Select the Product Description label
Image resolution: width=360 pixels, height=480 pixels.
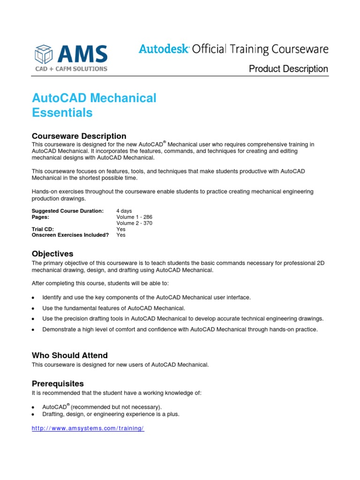tap(288, 69)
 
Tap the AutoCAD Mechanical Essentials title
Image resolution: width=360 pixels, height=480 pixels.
tap(94, 105)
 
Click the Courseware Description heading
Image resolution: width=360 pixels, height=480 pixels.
tap(79, 136)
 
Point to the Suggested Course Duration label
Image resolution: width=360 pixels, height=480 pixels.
tap(67, 211)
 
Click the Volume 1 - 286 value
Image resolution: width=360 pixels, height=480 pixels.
tap(134, 217)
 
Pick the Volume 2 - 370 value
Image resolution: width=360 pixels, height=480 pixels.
tap(134, 223)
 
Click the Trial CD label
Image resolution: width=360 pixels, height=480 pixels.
tap(43, 229)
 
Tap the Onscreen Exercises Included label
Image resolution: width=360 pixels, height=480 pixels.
tap(70, 235)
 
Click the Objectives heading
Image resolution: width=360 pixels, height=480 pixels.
tap(52, 254)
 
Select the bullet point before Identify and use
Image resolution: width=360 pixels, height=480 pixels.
tap(33, 298)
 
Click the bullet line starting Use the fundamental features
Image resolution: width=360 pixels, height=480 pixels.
tap(114, 308)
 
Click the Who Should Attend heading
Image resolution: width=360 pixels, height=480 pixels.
tap(69, 355)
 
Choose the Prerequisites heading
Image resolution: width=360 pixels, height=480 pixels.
tap(58, 383)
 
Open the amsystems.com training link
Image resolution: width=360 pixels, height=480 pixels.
tap(88, 429)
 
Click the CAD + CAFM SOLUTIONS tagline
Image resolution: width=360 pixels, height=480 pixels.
tap(71, 69)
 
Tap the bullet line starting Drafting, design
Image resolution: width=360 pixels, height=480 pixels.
tap(111, 414)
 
